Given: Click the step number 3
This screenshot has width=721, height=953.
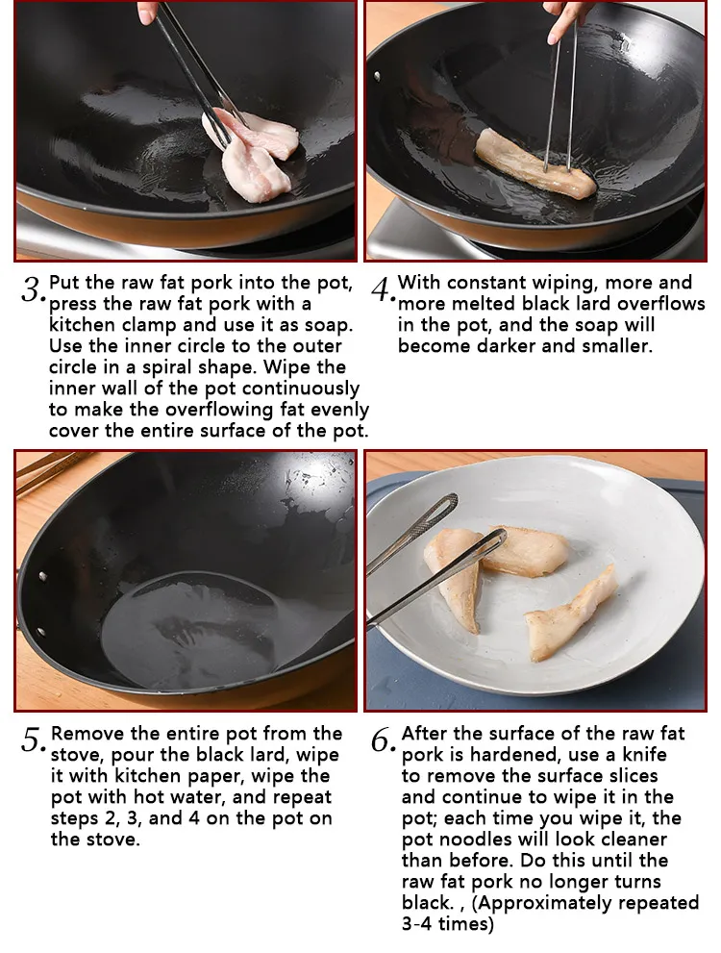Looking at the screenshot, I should point(31,288).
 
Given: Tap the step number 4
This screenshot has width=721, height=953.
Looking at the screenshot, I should point(381,288).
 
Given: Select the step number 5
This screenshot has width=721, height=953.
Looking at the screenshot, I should point(32,740).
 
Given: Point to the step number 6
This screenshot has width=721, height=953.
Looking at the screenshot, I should point(382,740).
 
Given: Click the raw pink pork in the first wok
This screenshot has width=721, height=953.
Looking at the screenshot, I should point(254,154).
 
